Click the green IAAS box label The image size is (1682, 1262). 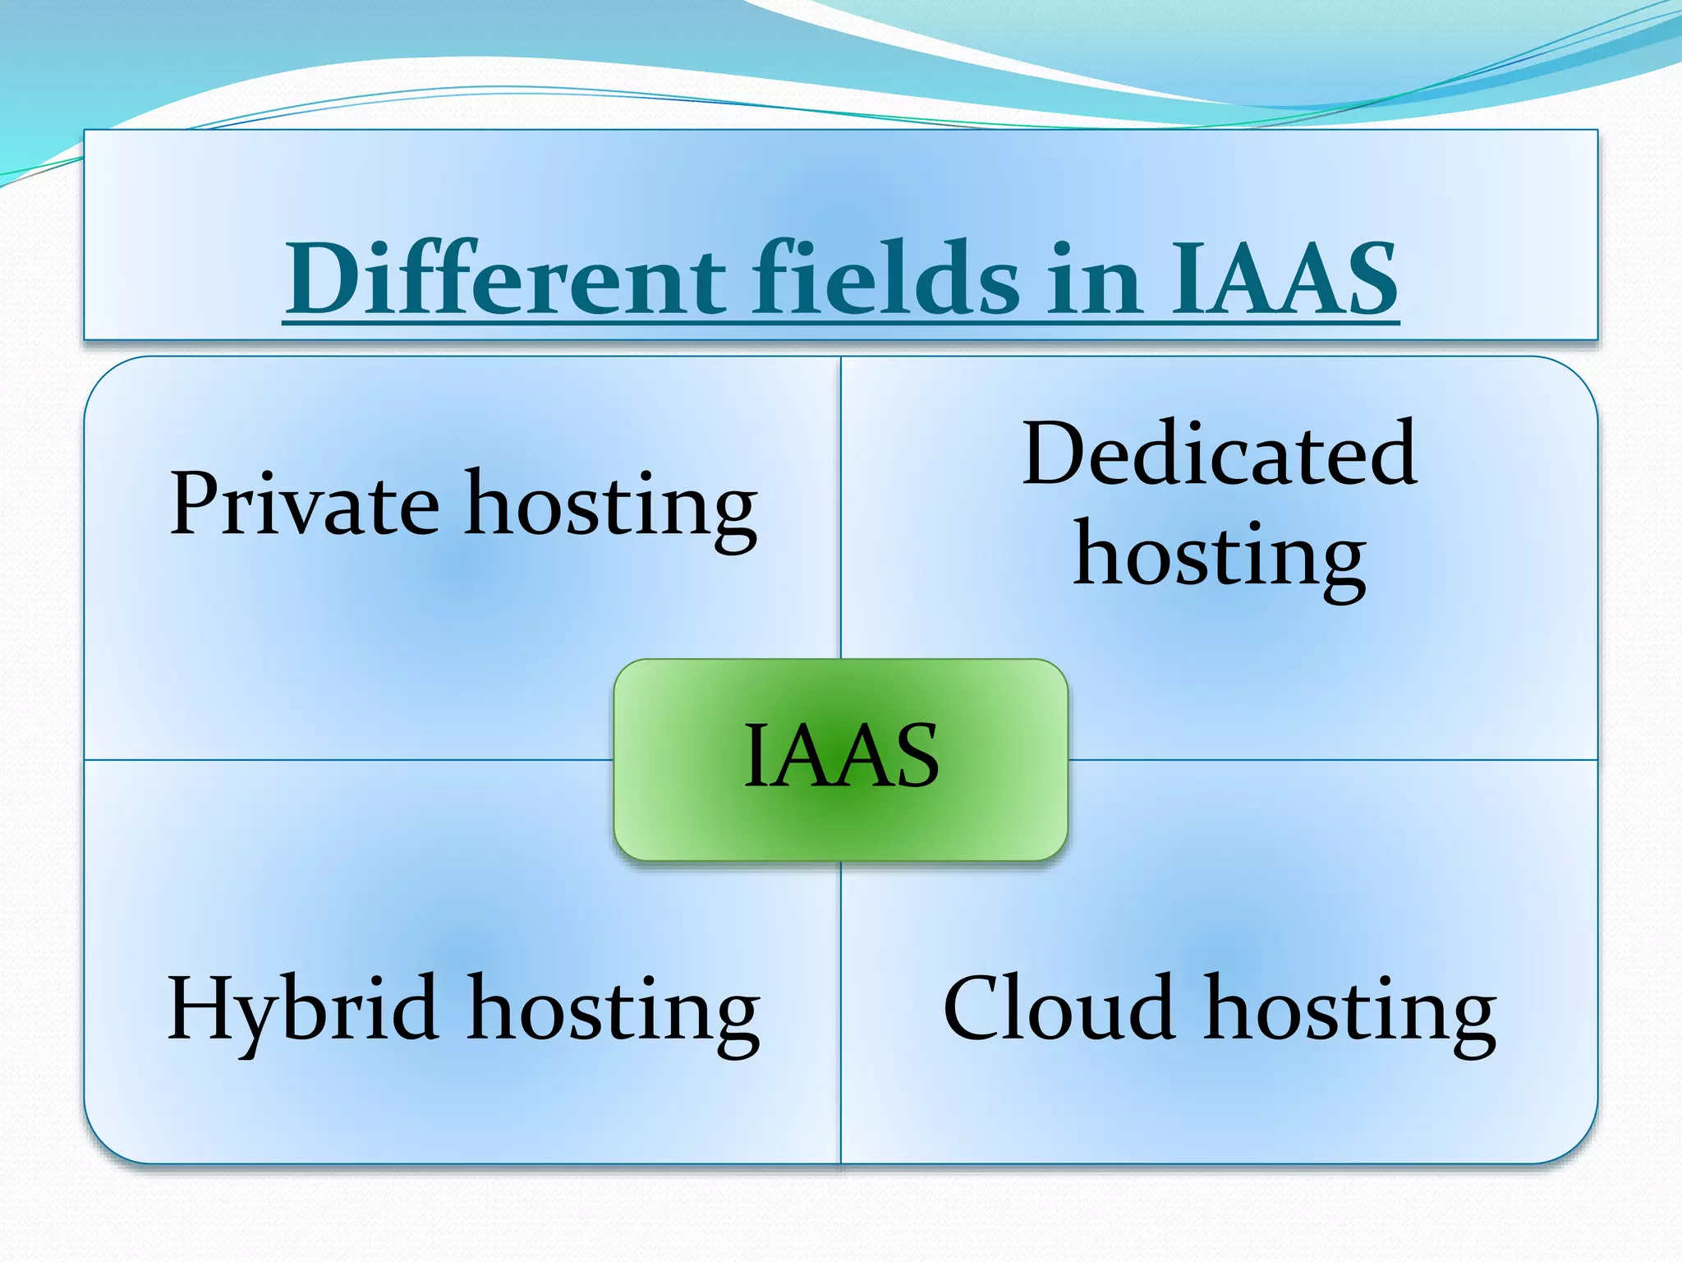841,756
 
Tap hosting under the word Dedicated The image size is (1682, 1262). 1219,559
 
